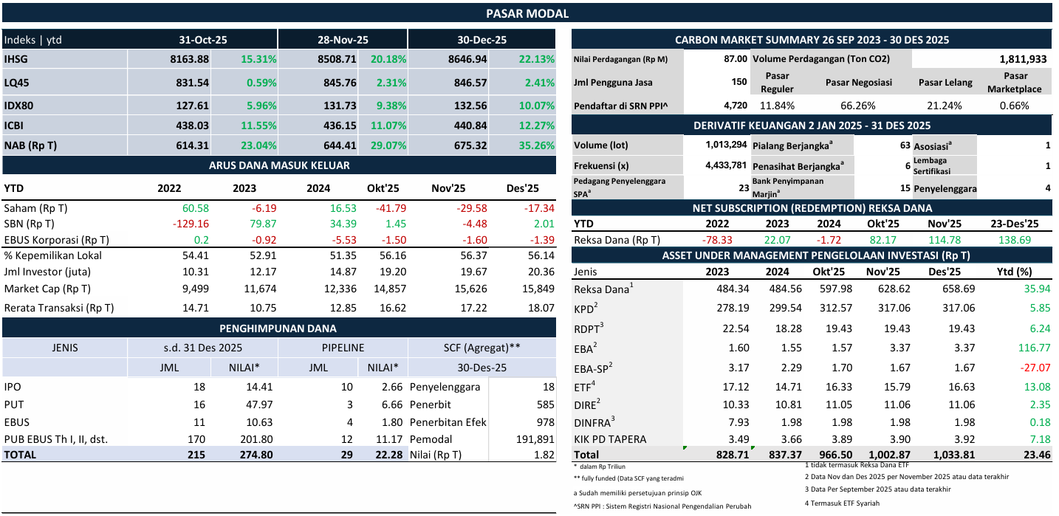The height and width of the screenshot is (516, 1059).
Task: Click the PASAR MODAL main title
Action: pyautogui.click(x=527, y=13)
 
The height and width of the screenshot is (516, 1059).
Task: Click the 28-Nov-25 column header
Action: pyautogui.click(x=343, y=40)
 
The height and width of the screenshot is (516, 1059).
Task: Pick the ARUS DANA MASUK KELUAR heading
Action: pyautogui.click(x=279, y=165)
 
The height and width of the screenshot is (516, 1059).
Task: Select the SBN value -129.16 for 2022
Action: pyautogui.click(x=191, y=224)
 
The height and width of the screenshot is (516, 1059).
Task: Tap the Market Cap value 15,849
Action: pyautogui.click(x=521, y=289)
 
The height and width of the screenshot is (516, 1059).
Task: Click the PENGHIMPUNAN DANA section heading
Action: pyautogui.click(x=278, y=328)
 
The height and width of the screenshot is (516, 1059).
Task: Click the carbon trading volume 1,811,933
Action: pyautogui.click(x=1023, y=59)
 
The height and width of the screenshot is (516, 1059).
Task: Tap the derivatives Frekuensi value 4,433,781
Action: pyautogui.click(x=727, y=165)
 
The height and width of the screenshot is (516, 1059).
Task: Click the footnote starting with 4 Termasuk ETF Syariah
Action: pyautogui.click(x=842, y=503)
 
